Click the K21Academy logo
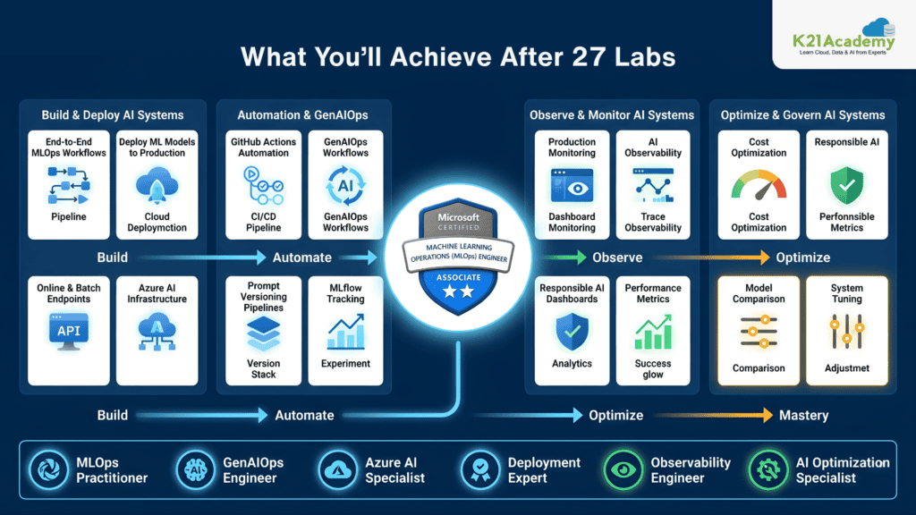pos(844,37)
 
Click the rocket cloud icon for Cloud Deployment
pos(157,185)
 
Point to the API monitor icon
pos(68,332)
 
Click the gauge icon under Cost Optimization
pos(759,185)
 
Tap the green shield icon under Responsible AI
pos(846,185)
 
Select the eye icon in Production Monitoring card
pos(572,186)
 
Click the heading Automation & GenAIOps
pos(302,115)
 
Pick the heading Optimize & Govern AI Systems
pos(802,115)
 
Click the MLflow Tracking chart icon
pos(345,332)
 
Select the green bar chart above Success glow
pos(652,332)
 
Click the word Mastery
pos(804,415)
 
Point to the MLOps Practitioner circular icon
pos(49,469)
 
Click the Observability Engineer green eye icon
pos(623,469)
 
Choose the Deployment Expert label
pos(544,470)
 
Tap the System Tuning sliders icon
pos(846,332)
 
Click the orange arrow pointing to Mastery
pos(713,415)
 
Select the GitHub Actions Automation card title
pos(264,148)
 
